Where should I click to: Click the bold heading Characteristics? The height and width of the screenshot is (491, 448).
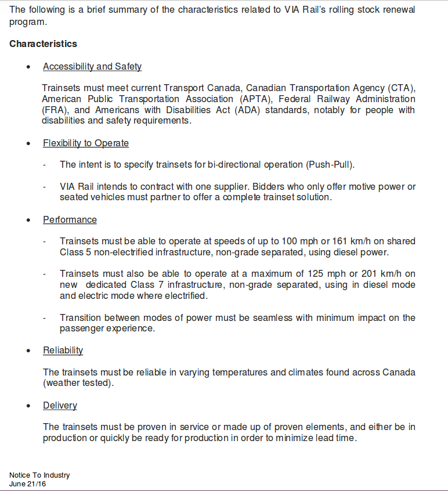[x=43, y=44]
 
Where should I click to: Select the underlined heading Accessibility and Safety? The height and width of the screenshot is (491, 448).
[x=92, y=66]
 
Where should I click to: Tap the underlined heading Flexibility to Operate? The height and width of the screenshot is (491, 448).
[x=85, y=143]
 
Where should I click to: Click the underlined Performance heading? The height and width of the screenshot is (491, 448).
[x=70, y=219]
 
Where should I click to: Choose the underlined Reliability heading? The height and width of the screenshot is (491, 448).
[x=63, y=350]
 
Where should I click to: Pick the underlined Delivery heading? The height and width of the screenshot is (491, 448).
[x=60, y=405]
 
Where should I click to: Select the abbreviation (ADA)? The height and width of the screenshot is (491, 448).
[x=247, y=110]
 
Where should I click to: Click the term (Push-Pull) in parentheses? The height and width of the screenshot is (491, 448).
[x=329, y=165]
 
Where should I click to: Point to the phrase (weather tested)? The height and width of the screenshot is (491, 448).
[x=78, y=383]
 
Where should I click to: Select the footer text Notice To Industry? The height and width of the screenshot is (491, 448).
[x=39, y=475]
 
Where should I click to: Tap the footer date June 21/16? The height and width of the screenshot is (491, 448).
[x=27, y=483]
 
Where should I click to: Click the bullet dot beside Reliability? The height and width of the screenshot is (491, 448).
[x=29, y=351]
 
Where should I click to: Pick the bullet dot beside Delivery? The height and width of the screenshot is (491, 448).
[x=29, y=406]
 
